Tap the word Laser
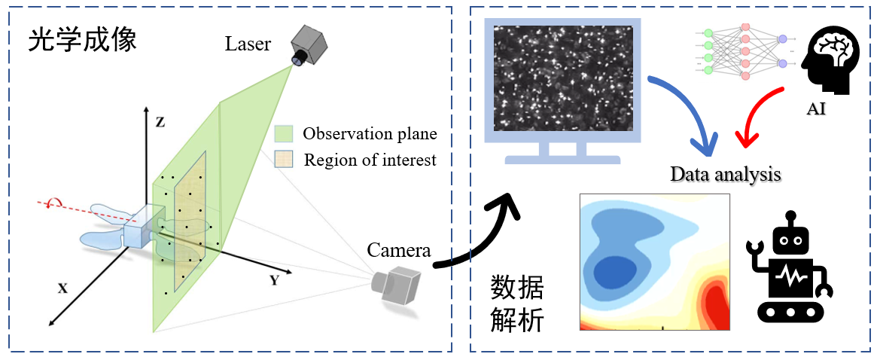248,44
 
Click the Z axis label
160,123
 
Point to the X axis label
63,288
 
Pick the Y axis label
275,282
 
